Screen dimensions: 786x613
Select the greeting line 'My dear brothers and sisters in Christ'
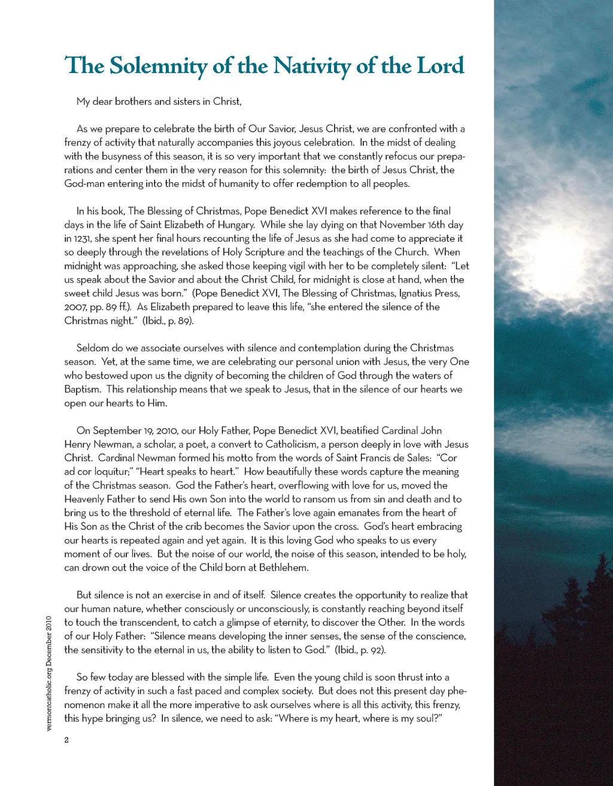tap(159, 102)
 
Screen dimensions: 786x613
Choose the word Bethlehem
tap(284, 568)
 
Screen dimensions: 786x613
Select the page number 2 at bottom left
tap(66, 740)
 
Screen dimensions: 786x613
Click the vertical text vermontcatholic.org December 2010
tap(50, 673)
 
